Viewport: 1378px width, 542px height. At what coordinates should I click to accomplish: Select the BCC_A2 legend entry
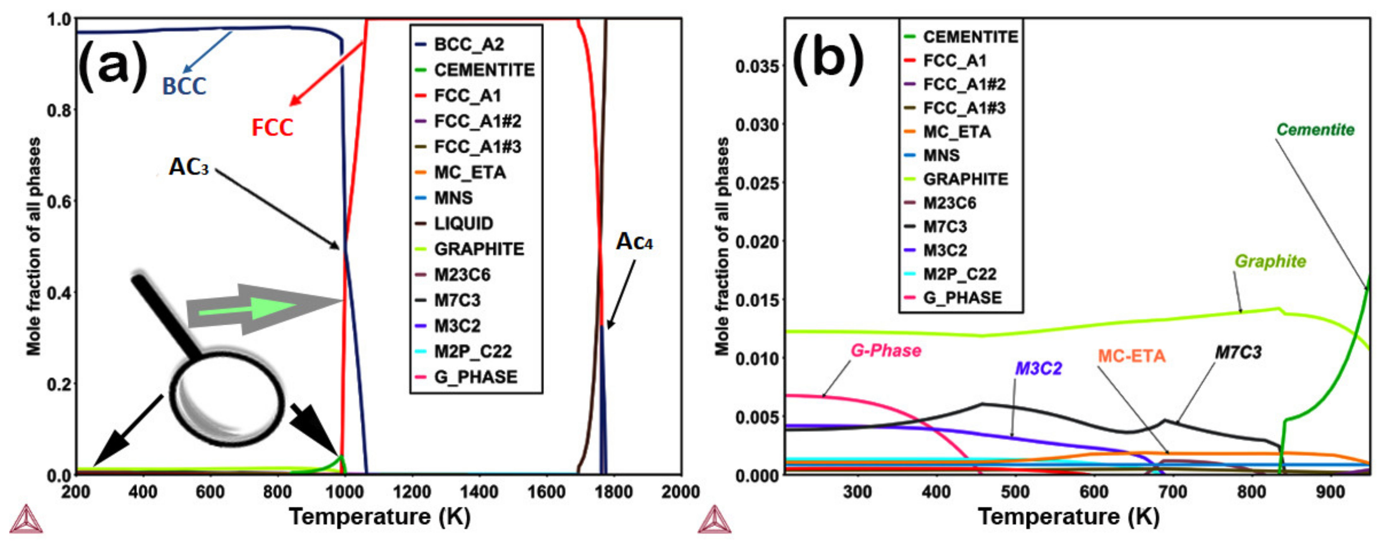coord(469,45)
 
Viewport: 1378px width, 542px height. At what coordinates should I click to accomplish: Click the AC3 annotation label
coord(188,167)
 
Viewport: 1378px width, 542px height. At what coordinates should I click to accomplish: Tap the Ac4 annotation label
coord(634,242)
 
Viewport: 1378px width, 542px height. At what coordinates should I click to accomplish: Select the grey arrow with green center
coord(262,309)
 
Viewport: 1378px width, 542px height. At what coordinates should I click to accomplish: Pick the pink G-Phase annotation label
coord(886,351)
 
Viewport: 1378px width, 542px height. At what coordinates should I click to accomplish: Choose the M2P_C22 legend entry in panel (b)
coord(960,274)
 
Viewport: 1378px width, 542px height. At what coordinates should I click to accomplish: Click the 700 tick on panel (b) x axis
coord(1172,492)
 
